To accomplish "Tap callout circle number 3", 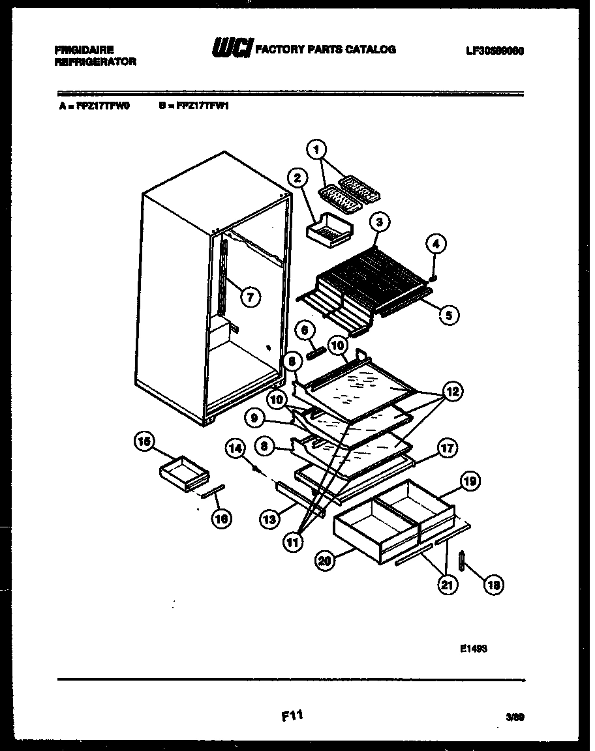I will click(x=379, y=223).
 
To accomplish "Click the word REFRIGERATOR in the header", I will click(x=96, y=61).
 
